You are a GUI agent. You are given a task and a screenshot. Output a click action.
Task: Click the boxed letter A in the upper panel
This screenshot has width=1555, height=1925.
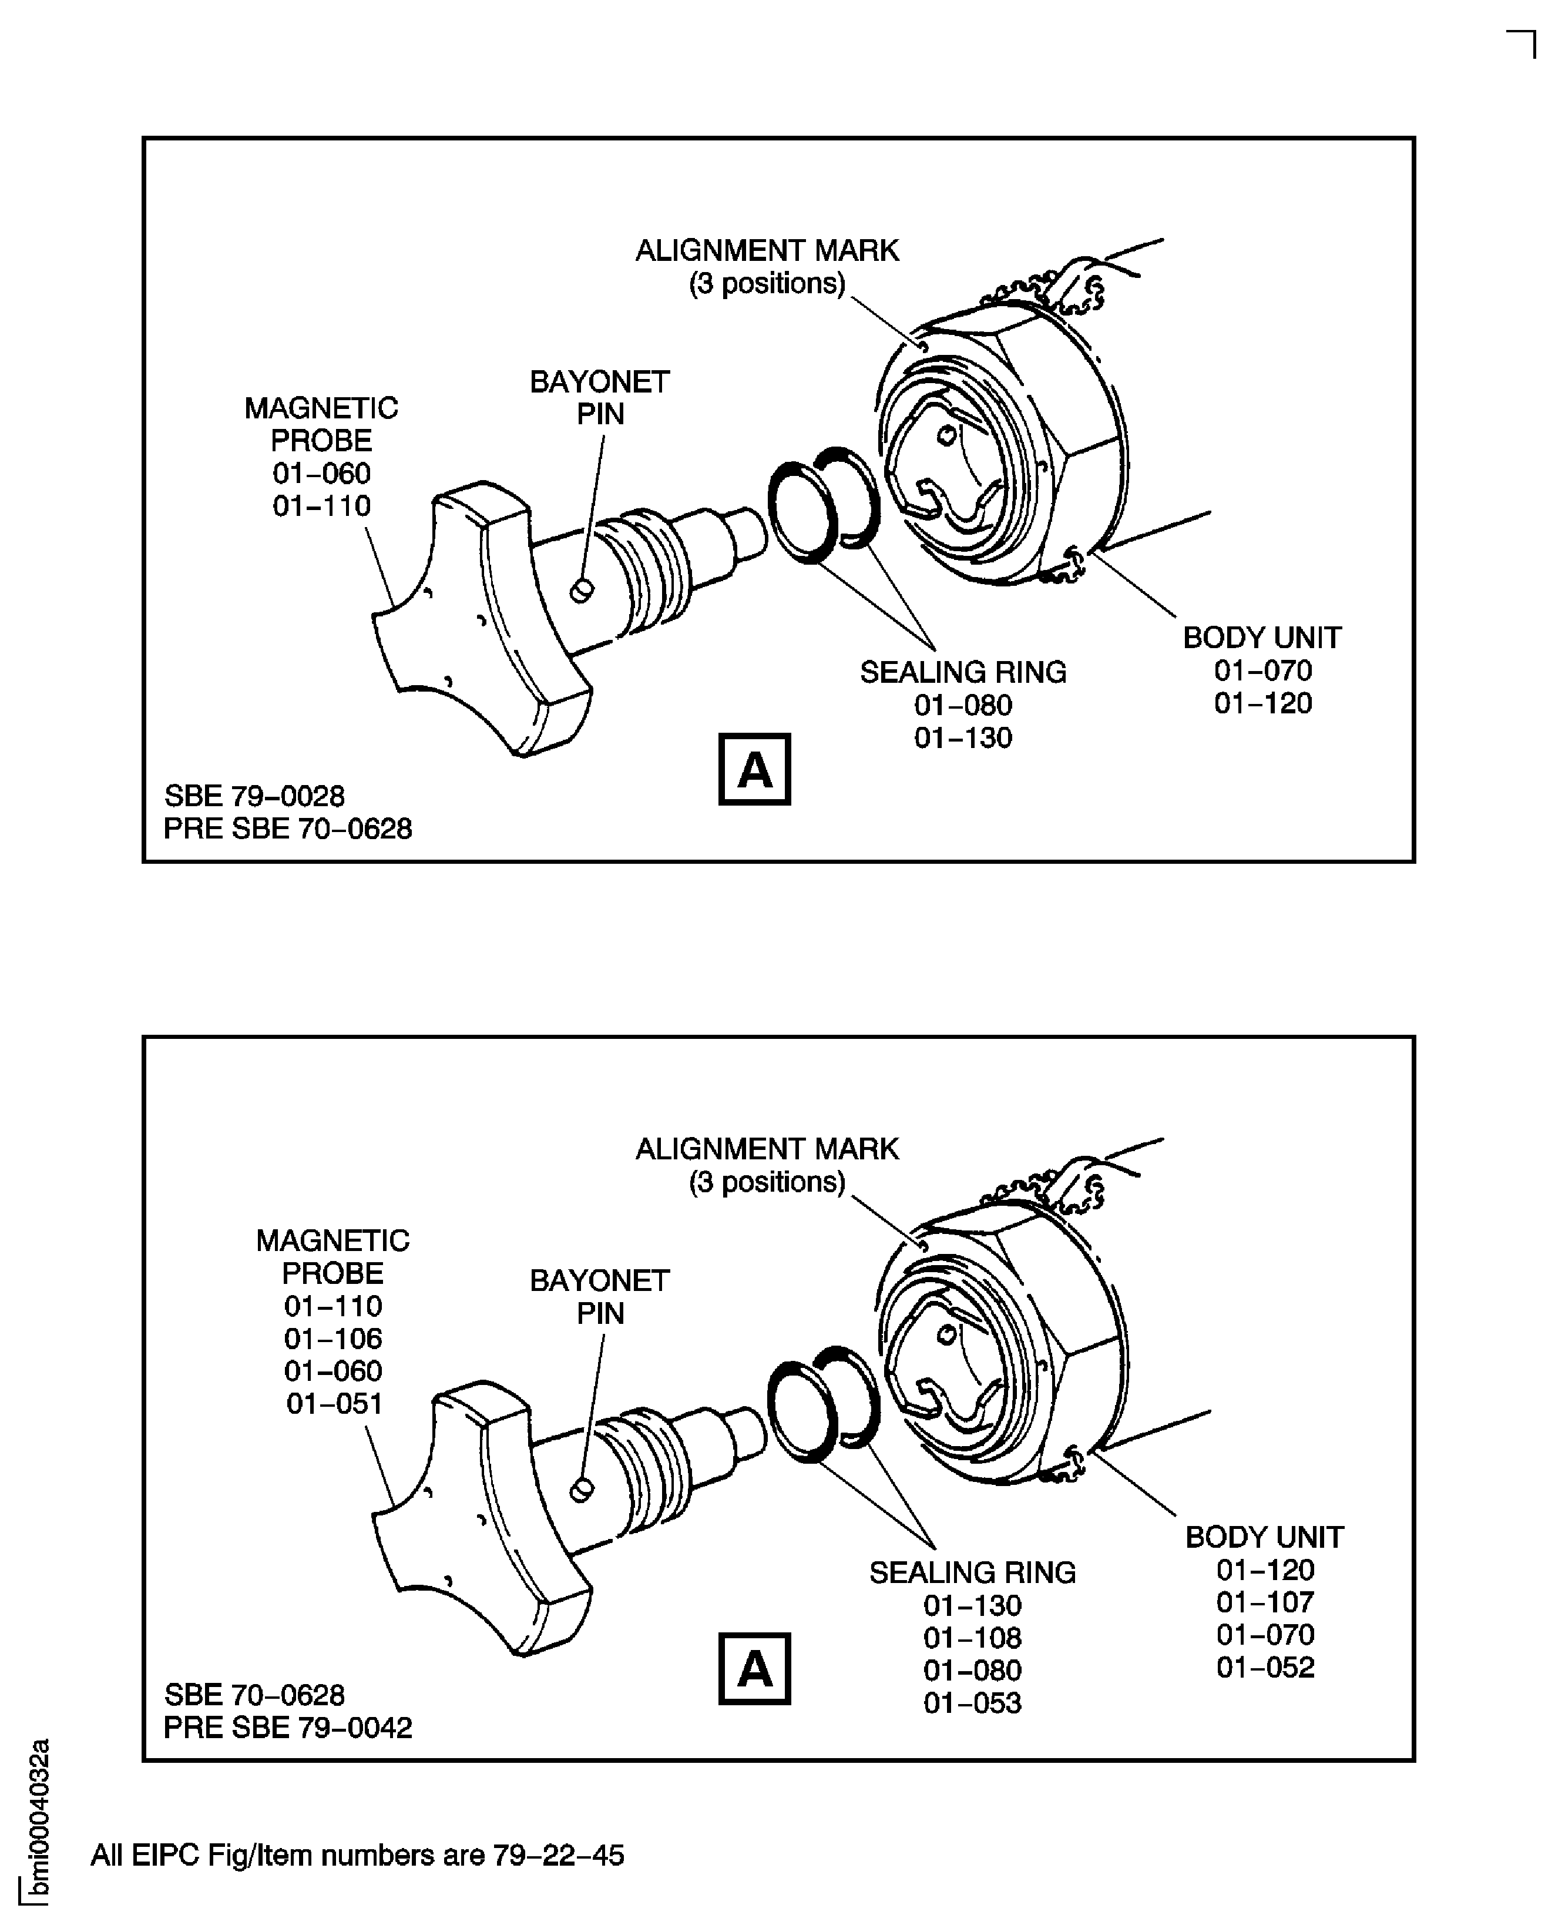coord(754,769)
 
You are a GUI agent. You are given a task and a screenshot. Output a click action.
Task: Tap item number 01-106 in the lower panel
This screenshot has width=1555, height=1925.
coord(333,1338)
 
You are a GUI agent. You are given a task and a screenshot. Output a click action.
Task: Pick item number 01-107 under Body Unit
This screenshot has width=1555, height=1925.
coord(1265,1602)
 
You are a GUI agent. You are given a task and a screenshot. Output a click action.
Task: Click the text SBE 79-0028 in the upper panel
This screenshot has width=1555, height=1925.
coord(254,796)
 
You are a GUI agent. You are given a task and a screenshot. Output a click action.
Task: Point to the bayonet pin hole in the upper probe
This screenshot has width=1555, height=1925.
coord(582,591)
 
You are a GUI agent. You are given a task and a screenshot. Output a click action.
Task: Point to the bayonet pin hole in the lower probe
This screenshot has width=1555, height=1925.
coord(582,1490)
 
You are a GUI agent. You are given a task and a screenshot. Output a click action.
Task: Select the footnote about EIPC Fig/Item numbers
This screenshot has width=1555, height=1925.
coord(357,1855)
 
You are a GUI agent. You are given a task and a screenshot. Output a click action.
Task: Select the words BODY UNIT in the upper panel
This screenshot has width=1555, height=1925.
coord(1262,638)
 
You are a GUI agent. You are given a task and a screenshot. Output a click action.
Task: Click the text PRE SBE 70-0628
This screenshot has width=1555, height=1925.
coord(287,829)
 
